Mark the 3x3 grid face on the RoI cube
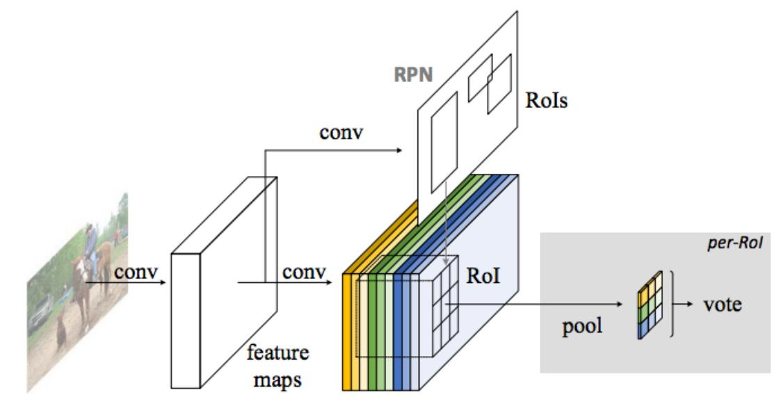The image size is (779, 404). click(443, 305)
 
